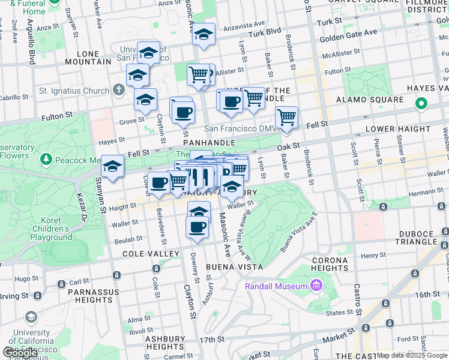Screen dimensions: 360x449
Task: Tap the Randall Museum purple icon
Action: point(314,286)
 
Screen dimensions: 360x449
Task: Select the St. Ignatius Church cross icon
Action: point(118,91)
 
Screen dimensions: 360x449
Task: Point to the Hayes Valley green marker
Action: point(421,104)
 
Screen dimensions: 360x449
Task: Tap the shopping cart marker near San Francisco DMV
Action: point(287,118)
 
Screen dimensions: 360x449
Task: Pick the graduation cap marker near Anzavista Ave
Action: point(203,35)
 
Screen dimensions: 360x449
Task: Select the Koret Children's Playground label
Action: point(59,229)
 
